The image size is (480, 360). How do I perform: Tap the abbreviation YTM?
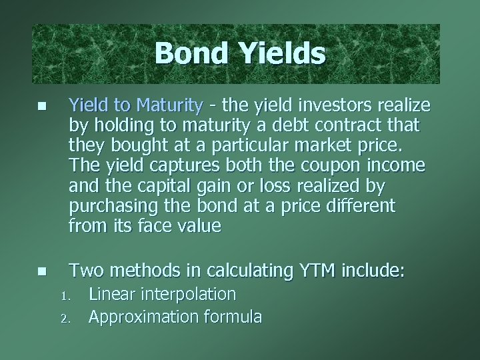click(x=313, y=271)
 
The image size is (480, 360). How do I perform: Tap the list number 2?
click(x=65, y=318)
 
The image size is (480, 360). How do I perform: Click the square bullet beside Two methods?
click(x=41, y=271)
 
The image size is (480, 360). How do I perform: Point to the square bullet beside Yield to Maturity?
click(x=41, y=106)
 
